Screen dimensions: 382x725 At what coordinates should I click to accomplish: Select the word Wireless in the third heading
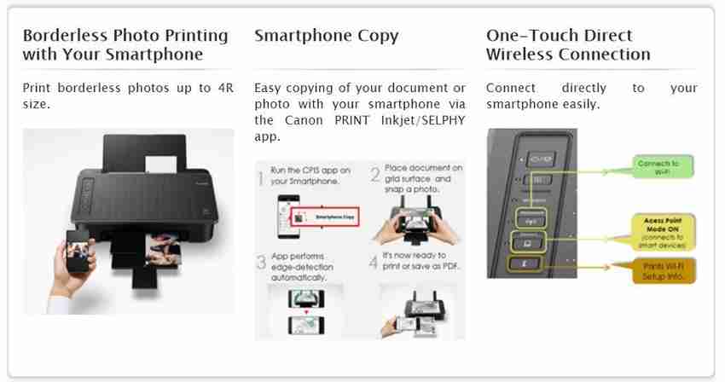click(x=520, y=55)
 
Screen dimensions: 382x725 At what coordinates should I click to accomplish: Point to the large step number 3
click(x=261, y=265)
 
